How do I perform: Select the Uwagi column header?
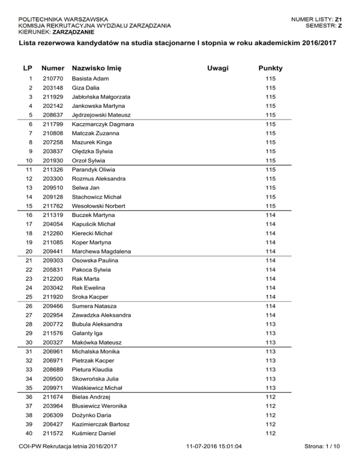(218, 69)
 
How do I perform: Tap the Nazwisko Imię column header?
(97, 69)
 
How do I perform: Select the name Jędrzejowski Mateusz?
(101, 115)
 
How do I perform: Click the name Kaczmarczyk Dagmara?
(103, 124)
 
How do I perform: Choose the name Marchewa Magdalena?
(101, 251)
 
